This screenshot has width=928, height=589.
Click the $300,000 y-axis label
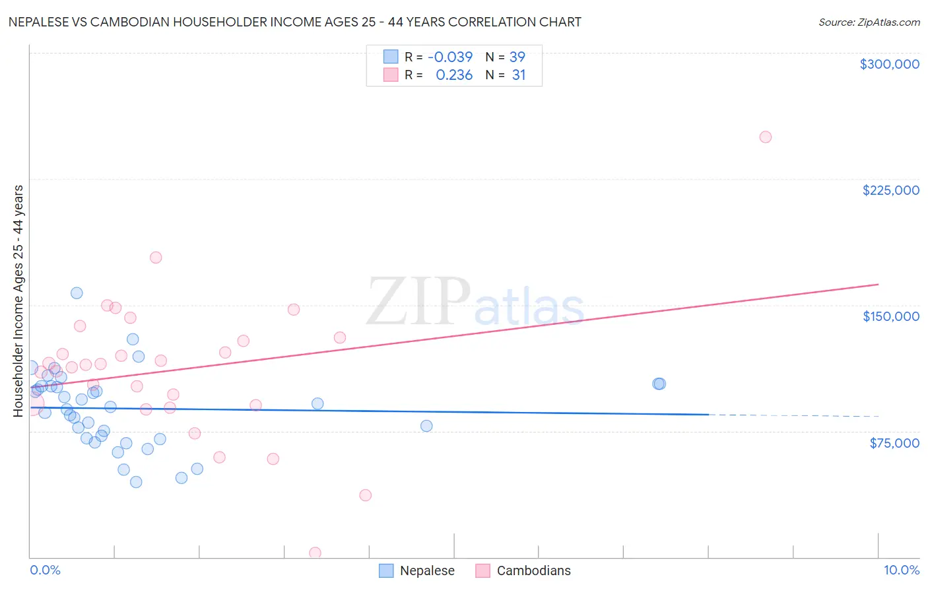pyautogui.click(x=889, y=64)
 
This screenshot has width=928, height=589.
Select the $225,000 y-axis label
pyautogui.click(x=890, y=190)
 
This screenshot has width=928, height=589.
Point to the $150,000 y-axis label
pyautogui.click(x=890, y=316)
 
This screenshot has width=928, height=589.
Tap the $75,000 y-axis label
pyautogui.click(x=894, y=443)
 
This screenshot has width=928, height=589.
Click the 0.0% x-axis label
pyautogui.click(x=45, y=570)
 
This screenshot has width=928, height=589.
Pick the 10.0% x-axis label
pyautogui.click(x=901, y=570)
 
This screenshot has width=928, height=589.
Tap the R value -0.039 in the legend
pyautogui.click(x=450, y=57)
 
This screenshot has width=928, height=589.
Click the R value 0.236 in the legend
pyautogui.click(x=454, y=75)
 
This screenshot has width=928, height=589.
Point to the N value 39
pyautogui.click(x=517, y=57)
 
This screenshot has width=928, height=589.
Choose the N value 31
pyautogui.click(x=519, y=75)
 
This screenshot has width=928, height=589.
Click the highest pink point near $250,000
pyautogui.click(x=765, y=137)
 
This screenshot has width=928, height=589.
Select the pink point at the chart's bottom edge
pyautogui.click(x=315, y=553)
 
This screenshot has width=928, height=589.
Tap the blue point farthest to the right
pyautogui.click(x=659, y=384)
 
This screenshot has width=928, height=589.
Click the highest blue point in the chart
pyautogui.click(x=77, y=293)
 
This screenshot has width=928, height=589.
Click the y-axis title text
pyautogui.click(x=18, y=301)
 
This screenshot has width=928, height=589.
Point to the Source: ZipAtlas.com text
pyautogui.click(x=869, y=22)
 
